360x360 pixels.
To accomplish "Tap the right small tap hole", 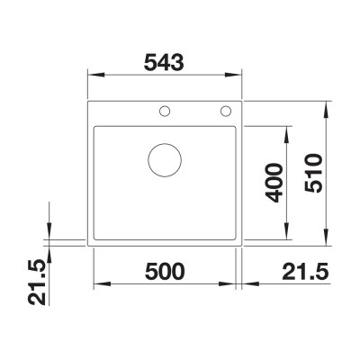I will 224,112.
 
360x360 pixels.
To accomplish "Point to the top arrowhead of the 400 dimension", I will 289,129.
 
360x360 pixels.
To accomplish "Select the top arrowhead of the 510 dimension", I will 325,102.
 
